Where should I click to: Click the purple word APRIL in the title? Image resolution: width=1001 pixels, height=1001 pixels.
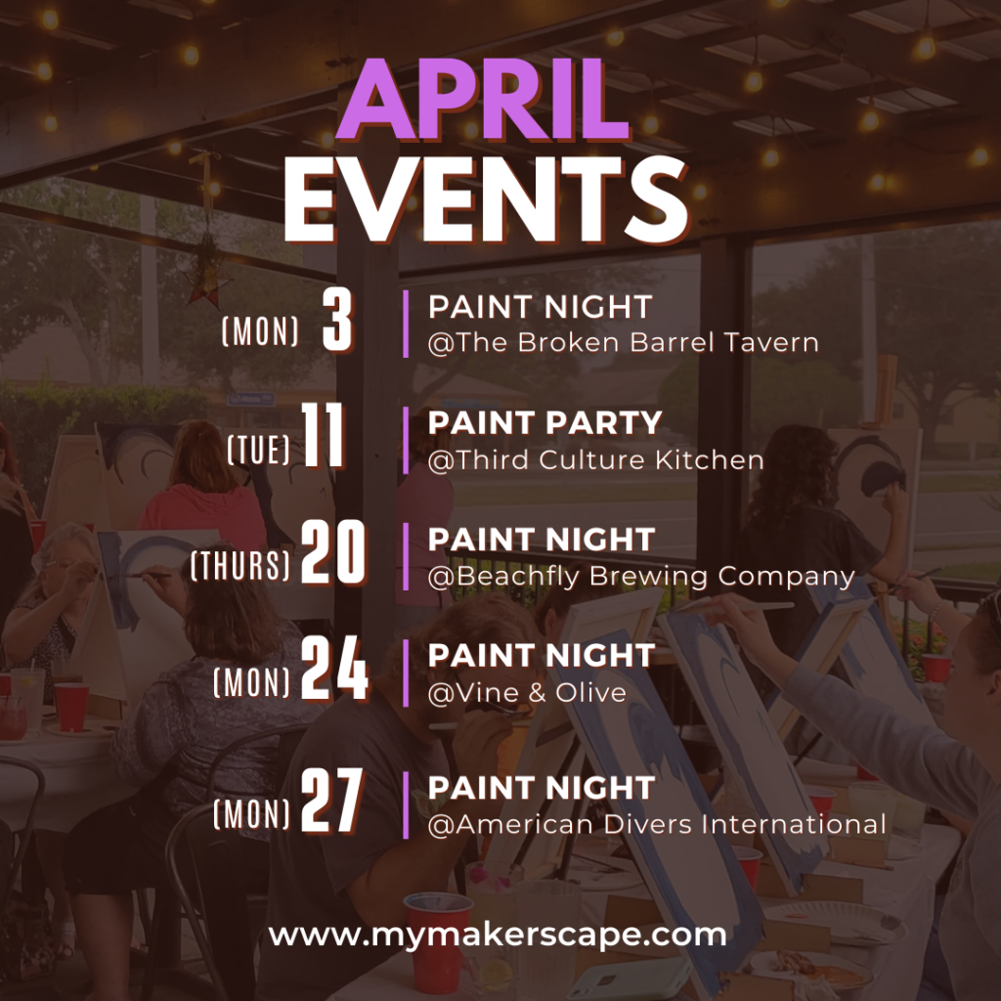(483, 101)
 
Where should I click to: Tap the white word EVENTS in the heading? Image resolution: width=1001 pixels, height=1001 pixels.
(486, 198)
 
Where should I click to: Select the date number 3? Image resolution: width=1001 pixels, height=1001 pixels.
(337, 319)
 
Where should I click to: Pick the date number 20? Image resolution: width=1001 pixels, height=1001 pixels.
(333, 551)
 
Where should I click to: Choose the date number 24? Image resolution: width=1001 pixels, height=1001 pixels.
(334, 669)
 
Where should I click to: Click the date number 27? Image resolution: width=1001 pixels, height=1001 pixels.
(332, 801)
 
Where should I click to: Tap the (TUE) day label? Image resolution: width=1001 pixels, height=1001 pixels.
(258, 450)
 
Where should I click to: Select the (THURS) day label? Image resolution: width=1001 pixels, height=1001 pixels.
(240, 566)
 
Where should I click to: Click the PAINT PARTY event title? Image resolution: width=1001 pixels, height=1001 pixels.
(545, 422)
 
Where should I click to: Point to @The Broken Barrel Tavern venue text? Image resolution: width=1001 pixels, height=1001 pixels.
(623, 343)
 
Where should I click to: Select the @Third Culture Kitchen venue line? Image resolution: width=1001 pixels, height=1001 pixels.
(595, 460)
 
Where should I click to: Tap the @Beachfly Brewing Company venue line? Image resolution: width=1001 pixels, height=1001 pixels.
(641, 577)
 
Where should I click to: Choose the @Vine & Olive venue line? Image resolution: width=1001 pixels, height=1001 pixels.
(527, 693)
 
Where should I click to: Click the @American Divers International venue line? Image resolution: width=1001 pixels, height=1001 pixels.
(657, 824)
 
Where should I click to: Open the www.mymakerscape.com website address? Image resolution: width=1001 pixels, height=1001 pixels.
(498, 936)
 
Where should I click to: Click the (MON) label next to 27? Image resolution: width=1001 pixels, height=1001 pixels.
(251, 814)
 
